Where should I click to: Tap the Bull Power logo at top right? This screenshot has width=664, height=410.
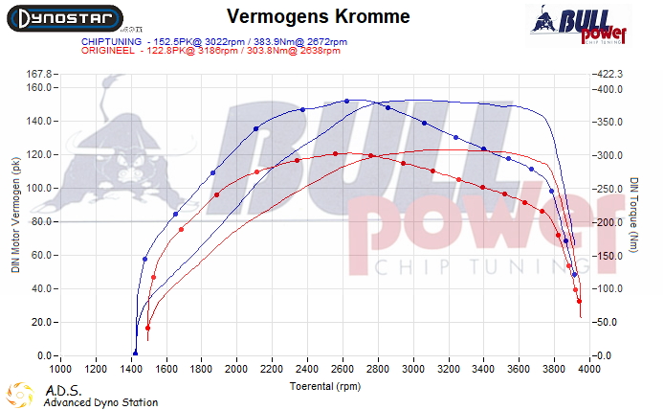click(578, 24)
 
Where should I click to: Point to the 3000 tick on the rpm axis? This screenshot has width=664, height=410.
click(414, 367)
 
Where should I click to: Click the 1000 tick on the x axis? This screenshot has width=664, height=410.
click(60, 367)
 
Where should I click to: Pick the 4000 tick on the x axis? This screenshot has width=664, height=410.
click(590, 367)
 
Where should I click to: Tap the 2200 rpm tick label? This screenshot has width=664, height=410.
click(273, 367)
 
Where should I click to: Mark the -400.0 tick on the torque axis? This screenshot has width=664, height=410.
click(613, 88)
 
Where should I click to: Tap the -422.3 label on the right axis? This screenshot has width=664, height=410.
click(613, 74)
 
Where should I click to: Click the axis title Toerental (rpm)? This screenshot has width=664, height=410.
click(325, 386)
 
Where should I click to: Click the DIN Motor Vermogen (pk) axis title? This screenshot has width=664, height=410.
click(14, 215)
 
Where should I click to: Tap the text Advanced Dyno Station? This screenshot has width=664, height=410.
click(100, 402)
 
